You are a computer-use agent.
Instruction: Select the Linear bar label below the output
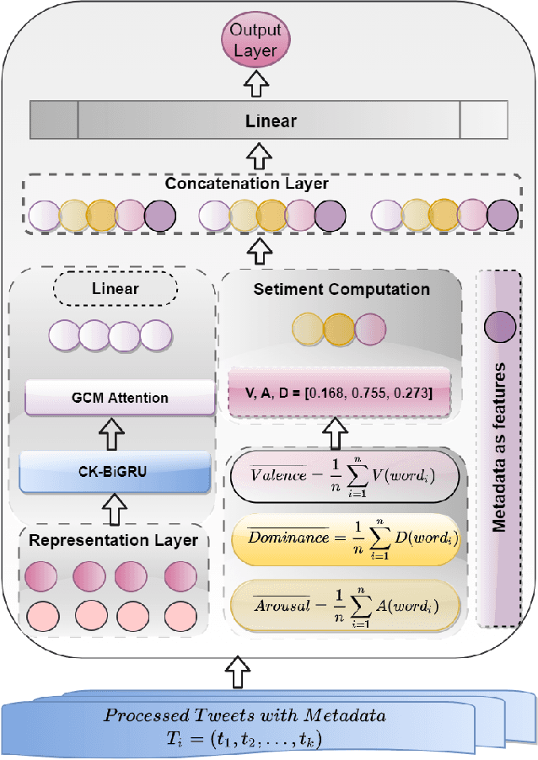coord(271,121)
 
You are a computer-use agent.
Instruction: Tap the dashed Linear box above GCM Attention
coord(115,289)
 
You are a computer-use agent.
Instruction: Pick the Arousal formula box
coord(345,601)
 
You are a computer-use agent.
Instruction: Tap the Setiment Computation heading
coord(342,289)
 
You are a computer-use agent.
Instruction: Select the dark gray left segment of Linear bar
coord(54,120)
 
